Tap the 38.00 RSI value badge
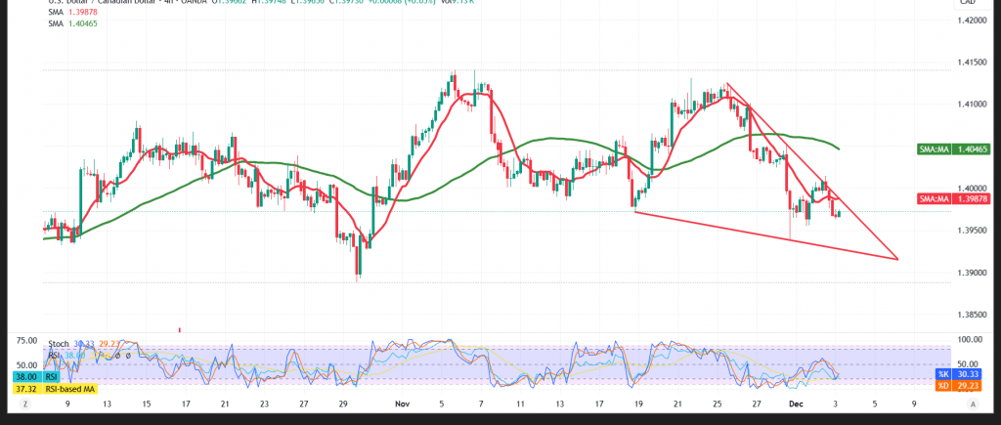click(x=26, y=376)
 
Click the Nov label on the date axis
click(x=402, y=402)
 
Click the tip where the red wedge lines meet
click(x=897, y=259)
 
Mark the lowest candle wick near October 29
click(x=359, y=280)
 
